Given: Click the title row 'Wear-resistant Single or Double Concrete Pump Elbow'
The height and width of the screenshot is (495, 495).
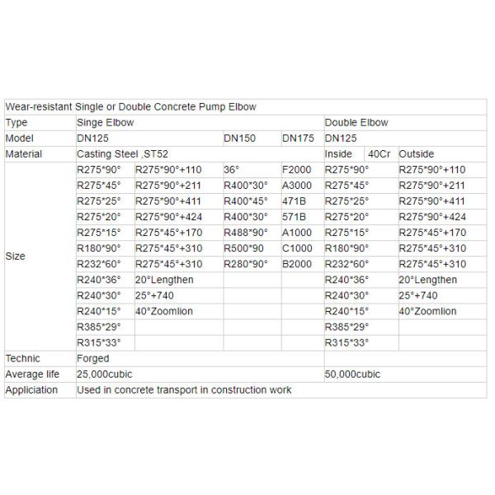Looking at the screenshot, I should (x=130, y=107).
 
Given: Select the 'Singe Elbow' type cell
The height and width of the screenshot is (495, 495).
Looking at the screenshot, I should (x=105, y=123).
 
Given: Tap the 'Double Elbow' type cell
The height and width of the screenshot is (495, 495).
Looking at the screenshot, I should (x=356, y=123).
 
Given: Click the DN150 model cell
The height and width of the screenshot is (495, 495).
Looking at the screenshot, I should (x=239, y=139).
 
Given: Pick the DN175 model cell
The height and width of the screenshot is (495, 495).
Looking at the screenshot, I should (x=298, y=139).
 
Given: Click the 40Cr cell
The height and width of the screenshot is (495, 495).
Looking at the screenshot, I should (x=379, y=154).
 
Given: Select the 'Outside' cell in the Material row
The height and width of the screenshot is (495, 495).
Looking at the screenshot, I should (x=417, y=154).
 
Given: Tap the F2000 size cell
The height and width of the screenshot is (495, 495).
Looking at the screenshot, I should (x=297, y=170).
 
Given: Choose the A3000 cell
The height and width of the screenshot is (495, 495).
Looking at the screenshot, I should (x=297, y=186).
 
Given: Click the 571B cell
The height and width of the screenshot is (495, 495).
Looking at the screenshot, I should (x=295, y=217).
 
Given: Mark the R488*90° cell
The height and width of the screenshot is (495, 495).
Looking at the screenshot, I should (x=246, y=233).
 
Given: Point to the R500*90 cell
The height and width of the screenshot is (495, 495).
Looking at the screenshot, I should (x=245, y=248).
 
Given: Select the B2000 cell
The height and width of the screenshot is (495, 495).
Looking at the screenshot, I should (x=297, y=264).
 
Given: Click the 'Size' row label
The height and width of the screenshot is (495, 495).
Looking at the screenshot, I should (x=15, y=256).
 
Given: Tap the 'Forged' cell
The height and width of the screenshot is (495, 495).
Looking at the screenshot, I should (x=92, y=359).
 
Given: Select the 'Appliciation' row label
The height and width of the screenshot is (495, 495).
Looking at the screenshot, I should (x=31, y=390).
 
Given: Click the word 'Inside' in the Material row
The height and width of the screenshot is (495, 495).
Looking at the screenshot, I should (x=339, y=154).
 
